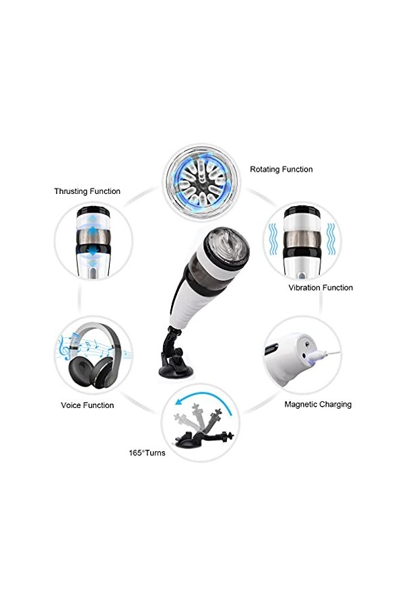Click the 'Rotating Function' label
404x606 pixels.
(281, 170)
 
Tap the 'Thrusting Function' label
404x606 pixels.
(87, 191)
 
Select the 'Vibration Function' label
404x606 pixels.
(321, 288)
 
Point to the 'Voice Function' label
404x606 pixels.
(87, 405)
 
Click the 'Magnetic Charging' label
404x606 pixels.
(318, 405)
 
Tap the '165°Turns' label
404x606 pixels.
(147, 453)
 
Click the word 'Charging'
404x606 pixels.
(335, 405)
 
